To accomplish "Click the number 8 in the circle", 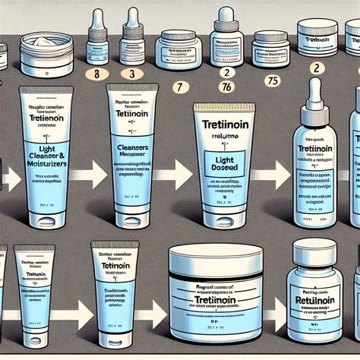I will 96,73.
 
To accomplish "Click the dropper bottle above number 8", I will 96,41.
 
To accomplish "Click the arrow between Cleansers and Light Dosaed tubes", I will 180,163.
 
